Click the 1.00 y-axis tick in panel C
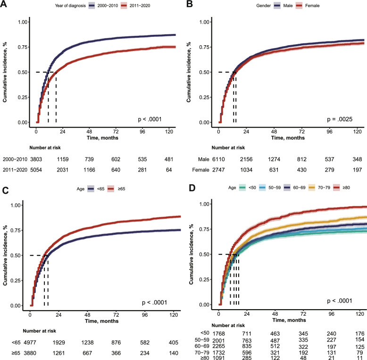[x=16, y=205]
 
